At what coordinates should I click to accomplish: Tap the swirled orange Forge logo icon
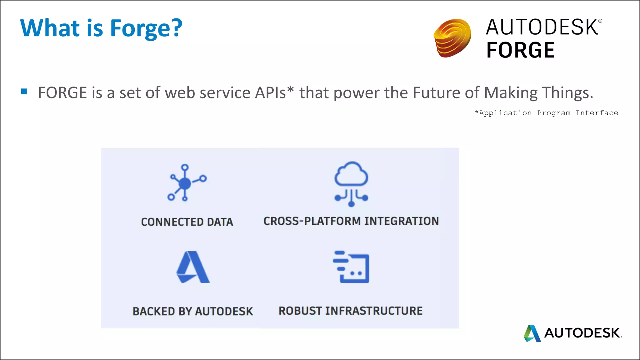(x=452, y=38)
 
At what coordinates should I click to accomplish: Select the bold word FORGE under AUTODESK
(x=520, y=50)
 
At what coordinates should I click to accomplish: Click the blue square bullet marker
(x=24, y=92)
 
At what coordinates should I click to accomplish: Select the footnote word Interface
(x=597, y=113)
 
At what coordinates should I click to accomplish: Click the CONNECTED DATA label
(x=187, y=222)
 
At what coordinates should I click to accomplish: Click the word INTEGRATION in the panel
(x=402, y=221)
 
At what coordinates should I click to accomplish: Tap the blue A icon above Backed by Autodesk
(x=193, y=267)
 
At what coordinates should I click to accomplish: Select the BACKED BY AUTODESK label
(x=193, y=311)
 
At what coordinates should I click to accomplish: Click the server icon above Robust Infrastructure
(x=351, y=267)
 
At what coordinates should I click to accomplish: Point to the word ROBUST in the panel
(x=300, y=311)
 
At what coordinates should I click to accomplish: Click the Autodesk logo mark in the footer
(x=532, y=333)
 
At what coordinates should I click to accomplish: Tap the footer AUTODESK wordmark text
(x=582, y=333)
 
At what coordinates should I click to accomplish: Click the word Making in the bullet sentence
(x=511, y=93)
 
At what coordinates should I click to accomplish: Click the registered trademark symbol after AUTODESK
(x=600, y=21)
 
